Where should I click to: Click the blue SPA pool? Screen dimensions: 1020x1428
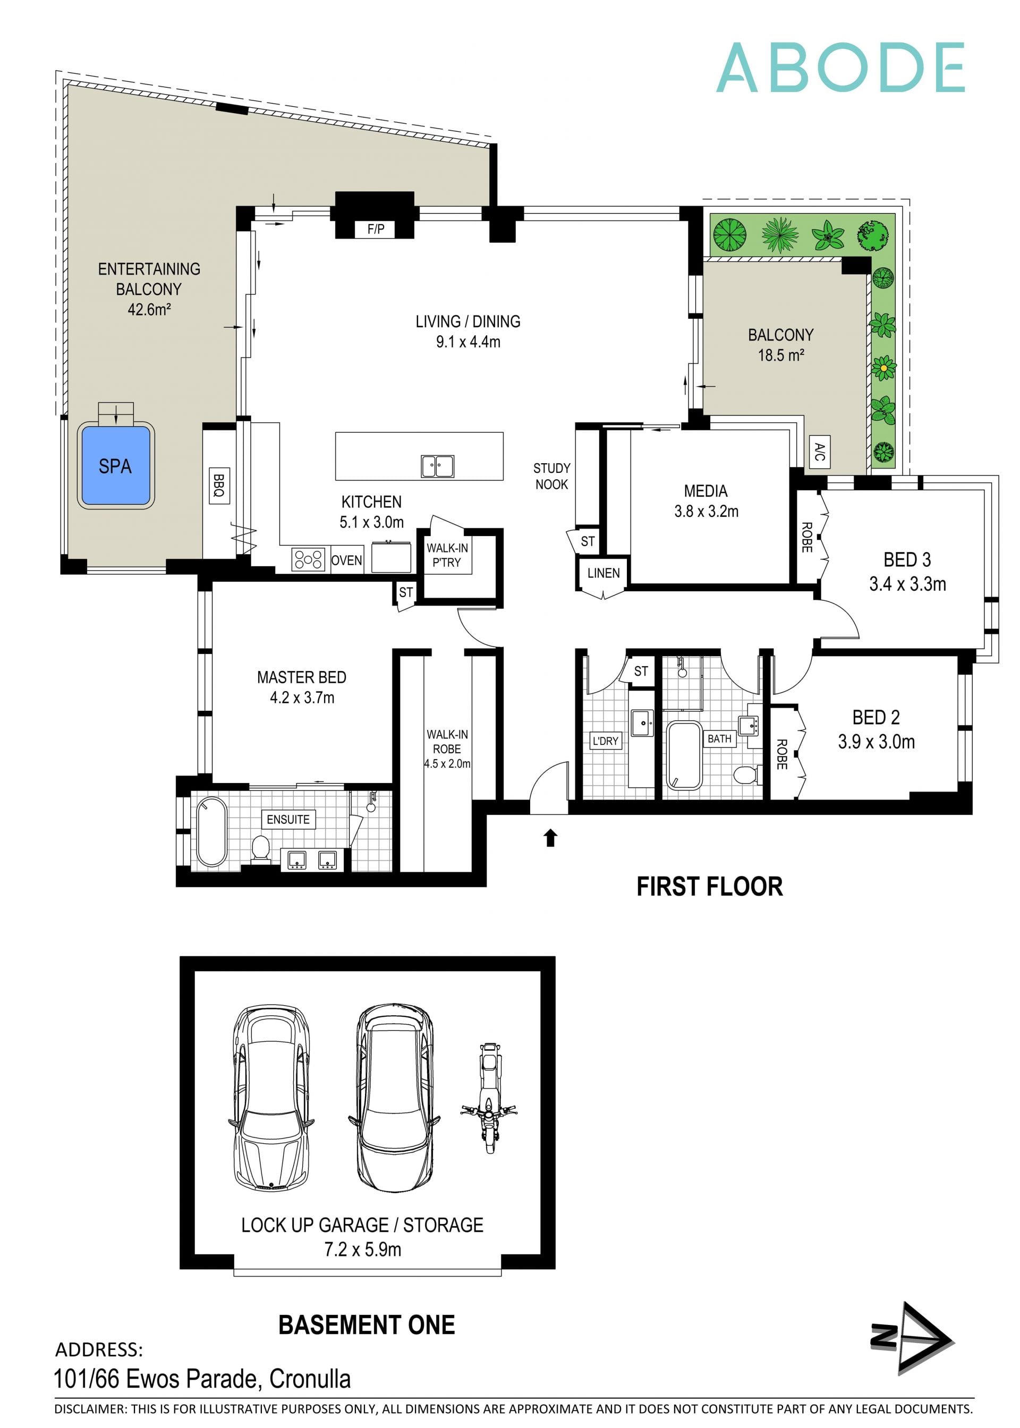(116, 465)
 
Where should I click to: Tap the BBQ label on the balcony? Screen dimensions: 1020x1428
(218, 486)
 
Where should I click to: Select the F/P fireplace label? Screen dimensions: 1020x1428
(376, 229)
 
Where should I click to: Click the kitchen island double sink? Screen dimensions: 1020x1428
(437, 466)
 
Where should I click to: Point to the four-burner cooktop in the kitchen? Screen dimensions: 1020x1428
(308, 559)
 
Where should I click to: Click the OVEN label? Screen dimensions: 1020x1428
(347, 560)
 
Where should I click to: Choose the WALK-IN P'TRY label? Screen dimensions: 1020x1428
(447, 555)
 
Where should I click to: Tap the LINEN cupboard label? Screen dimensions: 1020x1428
(603, 573)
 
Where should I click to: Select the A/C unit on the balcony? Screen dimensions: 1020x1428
(819, 451)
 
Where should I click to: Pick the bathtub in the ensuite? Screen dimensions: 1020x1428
(211, 832)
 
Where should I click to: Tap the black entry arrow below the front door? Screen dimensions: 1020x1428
(550, 838)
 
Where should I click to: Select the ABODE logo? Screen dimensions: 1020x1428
(840, 68)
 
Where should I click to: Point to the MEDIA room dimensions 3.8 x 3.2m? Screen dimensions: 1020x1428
(706, 511)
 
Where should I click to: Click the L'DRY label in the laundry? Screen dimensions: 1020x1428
(606, 741)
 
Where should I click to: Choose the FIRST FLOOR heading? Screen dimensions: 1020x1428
(710, 886)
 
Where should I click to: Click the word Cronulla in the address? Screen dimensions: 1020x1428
(310, 1379)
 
